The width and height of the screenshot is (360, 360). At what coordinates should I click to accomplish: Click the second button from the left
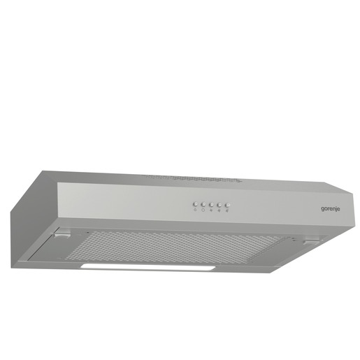(203, 203)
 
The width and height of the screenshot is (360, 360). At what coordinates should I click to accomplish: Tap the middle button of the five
(211, 203)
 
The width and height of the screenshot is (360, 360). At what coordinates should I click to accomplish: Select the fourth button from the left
(219, 204)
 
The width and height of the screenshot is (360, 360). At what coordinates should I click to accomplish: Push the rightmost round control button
(228, 204)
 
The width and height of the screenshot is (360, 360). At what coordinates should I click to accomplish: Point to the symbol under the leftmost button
(195, 209)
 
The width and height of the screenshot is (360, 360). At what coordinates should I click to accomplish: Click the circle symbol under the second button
(203, 210)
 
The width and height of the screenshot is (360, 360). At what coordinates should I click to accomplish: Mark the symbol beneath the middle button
(211, 210)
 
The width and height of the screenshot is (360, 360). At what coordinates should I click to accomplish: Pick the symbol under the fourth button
(219, 210)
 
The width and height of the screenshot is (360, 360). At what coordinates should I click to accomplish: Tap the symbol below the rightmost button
(228, 210)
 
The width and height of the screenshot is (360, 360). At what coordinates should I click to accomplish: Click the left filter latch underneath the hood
(64, 237)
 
